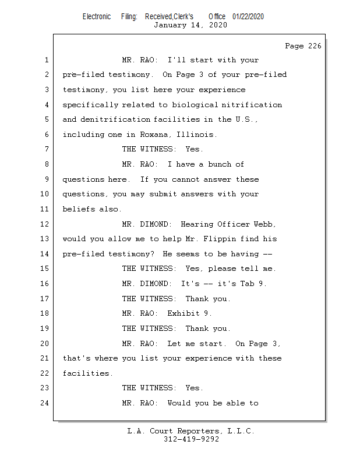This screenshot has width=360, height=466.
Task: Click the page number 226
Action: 315,46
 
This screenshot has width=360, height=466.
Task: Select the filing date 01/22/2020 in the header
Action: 248,16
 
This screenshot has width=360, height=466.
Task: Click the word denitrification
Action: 115,119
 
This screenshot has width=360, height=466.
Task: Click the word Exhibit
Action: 183,313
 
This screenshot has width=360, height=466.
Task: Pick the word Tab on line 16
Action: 248,284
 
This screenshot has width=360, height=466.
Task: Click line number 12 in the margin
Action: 45,224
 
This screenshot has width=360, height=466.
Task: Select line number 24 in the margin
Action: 45,403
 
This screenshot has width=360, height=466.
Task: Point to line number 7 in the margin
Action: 47,149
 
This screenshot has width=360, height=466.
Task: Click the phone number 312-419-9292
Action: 191,439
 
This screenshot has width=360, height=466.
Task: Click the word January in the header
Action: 170,25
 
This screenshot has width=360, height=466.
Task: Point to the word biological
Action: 195,105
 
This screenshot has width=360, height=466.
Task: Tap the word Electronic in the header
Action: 97,16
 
